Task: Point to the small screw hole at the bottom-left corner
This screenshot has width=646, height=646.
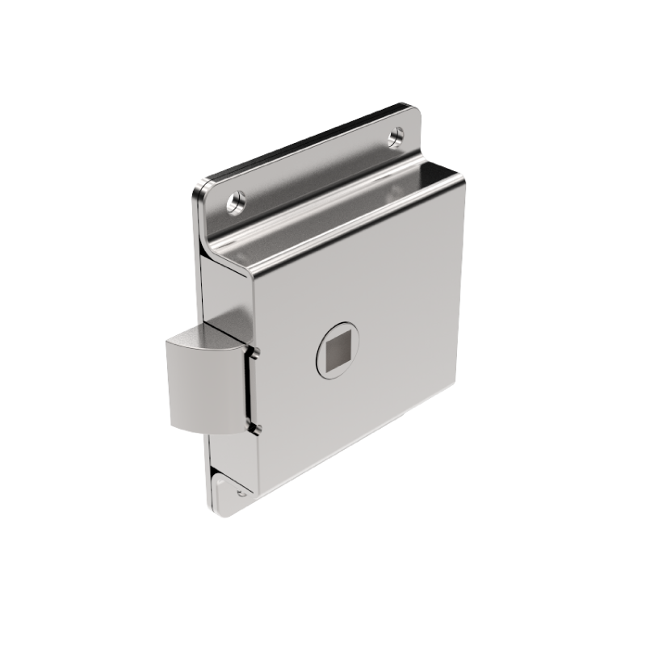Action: click(241, 491)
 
